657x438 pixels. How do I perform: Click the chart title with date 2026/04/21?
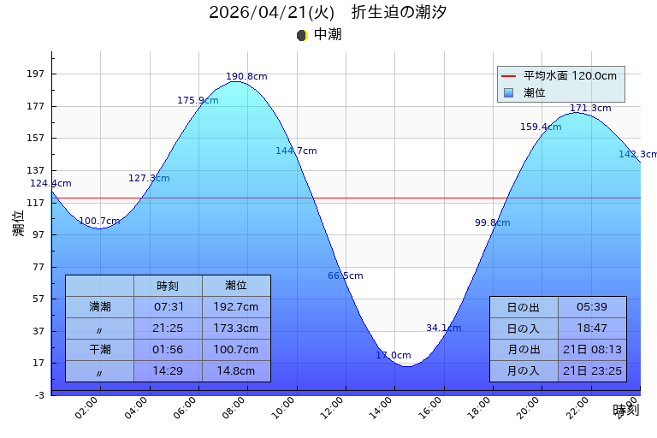(x=328, y=12)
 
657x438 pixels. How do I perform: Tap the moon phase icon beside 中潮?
(x=301, y=35)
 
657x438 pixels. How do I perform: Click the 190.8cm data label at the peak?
(x=246, y=77)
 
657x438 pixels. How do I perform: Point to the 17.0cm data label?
(x=394, y=356)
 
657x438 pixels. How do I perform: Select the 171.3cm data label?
(x=590, y=109)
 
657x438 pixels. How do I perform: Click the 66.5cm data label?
(x=346, y=276)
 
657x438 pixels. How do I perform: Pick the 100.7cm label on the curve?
(x=99, y=222)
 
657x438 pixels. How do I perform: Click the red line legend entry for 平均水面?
(x=508, y=76)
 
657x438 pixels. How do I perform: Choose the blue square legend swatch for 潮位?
(x=508, y=92)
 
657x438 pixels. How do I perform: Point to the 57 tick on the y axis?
(x=38, y=299)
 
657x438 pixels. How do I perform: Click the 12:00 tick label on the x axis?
(x=340, y=407)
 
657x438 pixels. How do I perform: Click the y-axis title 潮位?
(x=18, y=223)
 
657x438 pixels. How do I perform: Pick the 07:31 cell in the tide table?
(x=168, y=307)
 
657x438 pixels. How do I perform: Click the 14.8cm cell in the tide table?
(x=236, y=371)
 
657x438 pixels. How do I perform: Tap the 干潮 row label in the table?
(x=100, y=350)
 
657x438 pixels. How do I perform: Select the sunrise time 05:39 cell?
(x=592, y=307)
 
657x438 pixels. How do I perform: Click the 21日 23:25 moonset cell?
(x=592, y=371)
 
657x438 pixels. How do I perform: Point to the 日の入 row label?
(x=524, y=328)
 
